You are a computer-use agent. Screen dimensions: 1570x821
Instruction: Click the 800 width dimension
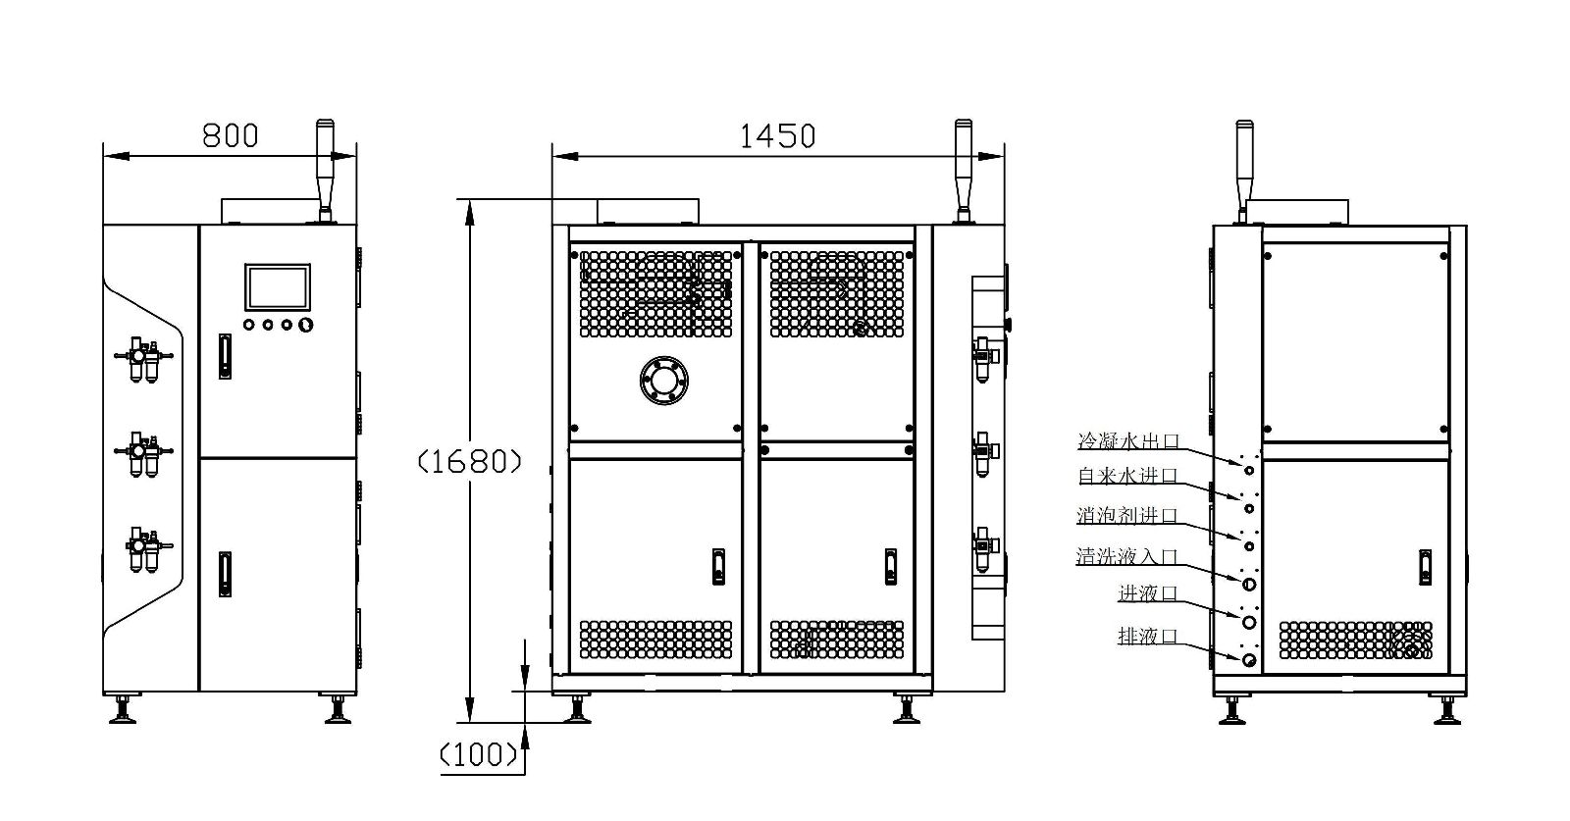[x=230, y=136]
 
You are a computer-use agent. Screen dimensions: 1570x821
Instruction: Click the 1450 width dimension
[x=777, y=136]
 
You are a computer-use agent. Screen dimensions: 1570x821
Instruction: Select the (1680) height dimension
[x=470, y=462]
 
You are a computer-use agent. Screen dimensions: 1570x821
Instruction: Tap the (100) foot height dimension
[x=479, y=755]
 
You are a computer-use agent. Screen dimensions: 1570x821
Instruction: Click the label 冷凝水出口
[x=1128, y=441]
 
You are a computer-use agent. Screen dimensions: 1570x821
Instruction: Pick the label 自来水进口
[x=1127, y=476]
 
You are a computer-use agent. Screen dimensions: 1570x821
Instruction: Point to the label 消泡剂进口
[x=1127, y=516]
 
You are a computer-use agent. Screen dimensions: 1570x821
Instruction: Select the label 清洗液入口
[x=1127, y=556]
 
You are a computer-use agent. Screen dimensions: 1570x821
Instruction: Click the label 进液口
[x=1148, y=594]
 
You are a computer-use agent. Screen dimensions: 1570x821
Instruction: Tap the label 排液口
[x=1148, y=636]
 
